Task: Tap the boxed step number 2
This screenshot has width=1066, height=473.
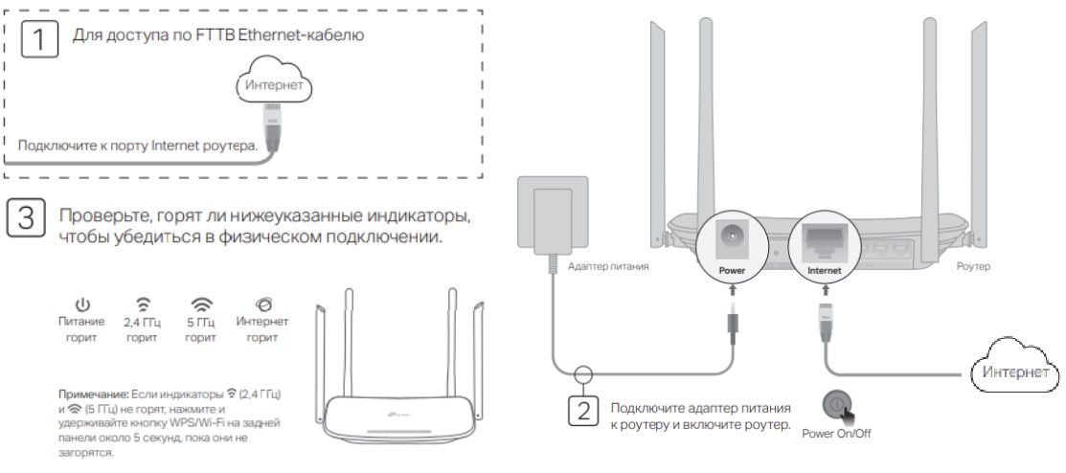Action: [x=581, y=412]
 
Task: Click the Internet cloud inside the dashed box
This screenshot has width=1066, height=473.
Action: [x=275, y=85]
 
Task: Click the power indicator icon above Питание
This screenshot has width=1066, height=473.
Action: [x=82, y=305]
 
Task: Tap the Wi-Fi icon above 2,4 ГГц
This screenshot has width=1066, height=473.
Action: [x=143, y=305]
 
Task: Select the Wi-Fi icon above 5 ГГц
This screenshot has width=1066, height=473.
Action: [x=201, y=305]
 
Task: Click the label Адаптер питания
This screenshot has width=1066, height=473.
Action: [x=607, y=267]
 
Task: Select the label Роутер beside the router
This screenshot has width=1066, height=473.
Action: [x=973, y=267]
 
